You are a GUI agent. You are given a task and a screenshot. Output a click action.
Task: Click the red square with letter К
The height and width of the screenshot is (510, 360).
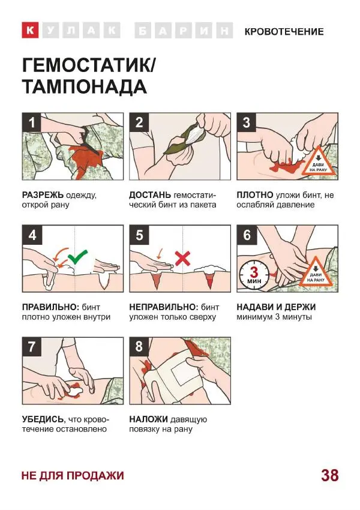pyautogui.click(x=30, y=30)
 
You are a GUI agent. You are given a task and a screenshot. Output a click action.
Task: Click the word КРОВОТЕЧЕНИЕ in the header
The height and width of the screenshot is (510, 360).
pyautogui.click(x=284, y=32)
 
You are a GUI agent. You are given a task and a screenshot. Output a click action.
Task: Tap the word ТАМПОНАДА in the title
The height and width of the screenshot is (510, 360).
pyautogui.click(x=85, y=87)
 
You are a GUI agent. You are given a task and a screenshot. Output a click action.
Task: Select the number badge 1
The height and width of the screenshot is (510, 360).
pyautogui.click(x=32, y=122)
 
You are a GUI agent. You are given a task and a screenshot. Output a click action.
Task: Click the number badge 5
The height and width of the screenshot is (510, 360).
pyautogui.click(x=139, y=235)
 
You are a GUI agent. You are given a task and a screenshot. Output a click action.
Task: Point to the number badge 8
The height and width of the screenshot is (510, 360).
pyautogui.click(x=139, y=347)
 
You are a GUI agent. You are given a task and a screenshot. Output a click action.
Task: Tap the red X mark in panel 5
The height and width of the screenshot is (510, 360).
pyautogui.click(x=183, y=259)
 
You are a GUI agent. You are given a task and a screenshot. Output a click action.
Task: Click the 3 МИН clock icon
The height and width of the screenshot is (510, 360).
pyautogui.click(x=254, y=275)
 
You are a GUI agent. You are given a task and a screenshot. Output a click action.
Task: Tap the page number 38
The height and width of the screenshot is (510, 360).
pyautogui.click(x=330, y=475)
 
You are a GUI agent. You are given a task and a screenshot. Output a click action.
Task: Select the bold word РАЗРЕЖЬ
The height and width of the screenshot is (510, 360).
pyautogui.click(x=43, y=195)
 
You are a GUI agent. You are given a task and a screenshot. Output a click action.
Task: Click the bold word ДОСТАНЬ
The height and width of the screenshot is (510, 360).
pyautogui.click(x=150, y=195)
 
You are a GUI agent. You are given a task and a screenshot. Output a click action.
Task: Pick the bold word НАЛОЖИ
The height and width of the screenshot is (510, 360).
pyautogui.click(x=148, y=419)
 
